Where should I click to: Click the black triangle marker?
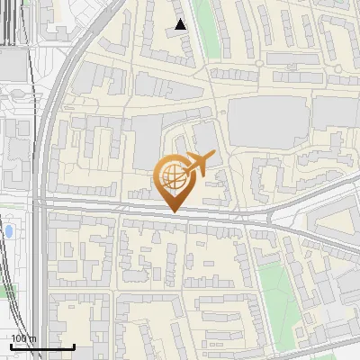181,25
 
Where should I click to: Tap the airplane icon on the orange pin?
198,163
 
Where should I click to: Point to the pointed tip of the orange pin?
173,211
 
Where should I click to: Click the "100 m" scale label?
24,338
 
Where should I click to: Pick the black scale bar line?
42,345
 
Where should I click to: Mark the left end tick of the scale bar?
11,343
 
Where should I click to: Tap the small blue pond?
9,231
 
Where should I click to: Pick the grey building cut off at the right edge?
337,112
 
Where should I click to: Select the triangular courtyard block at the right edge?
333,216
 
